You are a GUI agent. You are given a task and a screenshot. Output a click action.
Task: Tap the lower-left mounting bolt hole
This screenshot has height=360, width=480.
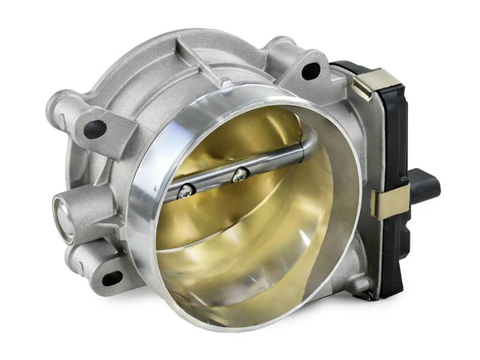point(110,278)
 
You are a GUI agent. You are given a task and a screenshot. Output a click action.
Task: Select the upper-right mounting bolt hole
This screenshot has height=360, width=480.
point(312,70)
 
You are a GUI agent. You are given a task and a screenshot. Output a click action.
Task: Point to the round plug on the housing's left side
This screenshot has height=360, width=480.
point(64,218)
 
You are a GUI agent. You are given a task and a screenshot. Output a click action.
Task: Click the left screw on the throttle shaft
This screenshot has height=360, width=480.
point(186,190)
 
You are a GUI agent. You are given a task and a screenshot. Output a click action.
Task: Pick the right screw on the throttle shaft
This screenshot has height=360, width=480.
point(240,174)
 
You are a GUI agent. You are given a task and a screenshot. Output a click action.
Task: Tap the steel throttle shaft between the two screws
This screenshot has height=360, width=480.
point(214,182)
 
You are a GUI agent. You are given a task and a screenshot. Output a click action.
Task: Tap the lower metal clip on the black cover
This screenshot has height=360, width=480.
point(389,203)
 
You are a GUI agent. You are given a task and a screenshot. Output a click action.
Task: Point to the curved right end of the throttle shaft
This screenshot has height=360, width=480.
point(306,149)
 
